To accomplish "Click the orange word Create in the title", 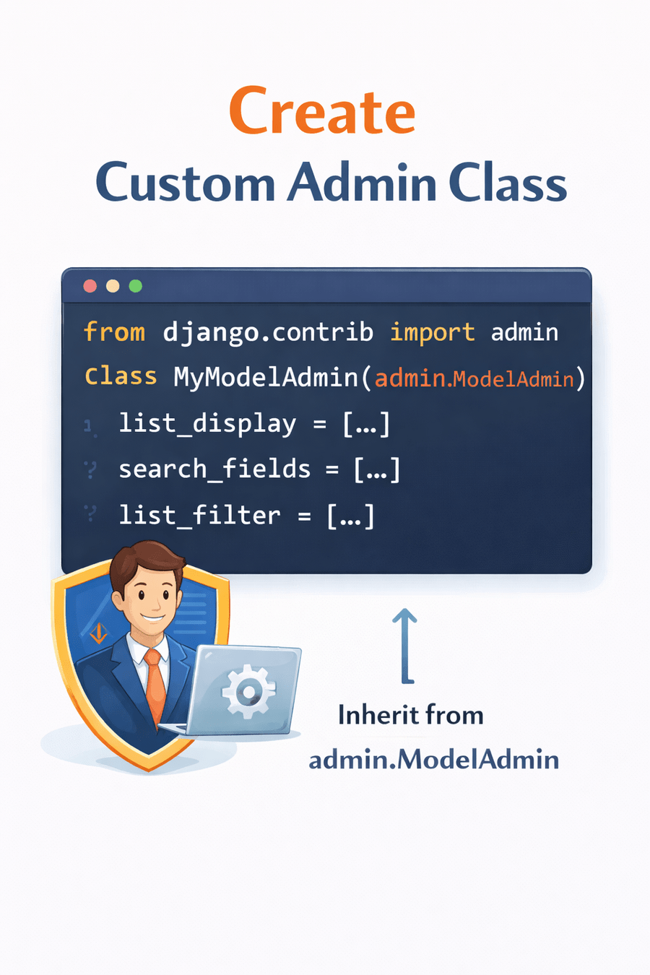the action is (x=322, y=111).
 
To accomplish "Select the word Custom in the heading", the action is (x=185, y=182).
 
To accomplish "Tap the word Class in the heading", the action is (x=507, y=182).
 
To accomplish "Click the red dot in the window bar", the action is (x=90, y=286).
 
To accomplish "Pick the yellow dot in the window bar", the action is (x=113, y=286).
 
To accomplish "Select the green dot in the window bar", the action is (x=135, y=286).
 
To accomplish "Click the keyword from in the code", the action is (x=114, y=332).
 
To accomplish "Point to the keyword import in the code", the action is (x=432, y=332).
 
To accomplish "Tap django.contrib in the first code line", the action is (x=268, y=332).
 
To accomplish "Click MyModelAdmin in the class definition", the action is (x=266, y=378).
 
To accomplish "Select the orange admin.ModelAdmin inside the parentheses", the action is (x=474, y=378).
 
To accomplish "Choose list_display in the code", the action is (x=207, y=424).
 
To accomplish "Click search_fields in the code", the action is (x=214, y=469).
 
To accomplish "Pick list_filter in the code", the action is (x=199, y=516).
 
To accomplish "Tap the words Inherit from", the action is (x=410, y=715).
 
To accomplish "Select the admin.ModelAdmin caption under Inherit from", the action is (x=433, y=759).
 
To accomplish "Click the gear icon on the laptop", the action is (x=248, y=691).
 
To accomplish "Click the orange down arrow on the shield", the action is (x=99, y=633).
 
